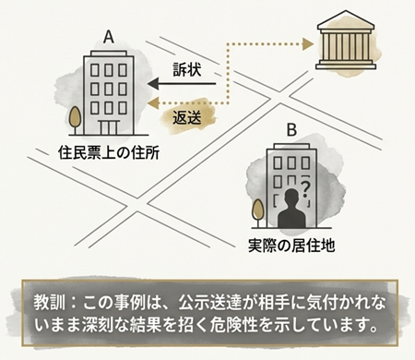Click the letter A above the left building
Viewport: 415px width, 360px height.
tap(109, 38)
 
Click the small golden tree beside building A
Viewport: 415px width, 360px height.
tap(73, 120)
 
